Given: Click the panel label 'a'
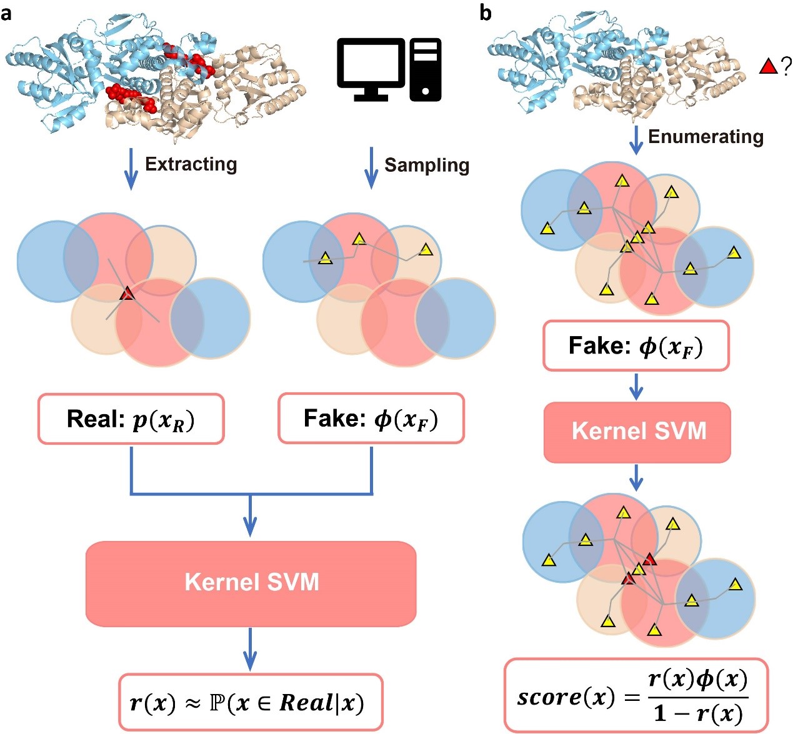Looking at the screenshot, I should pyautogui.click(x=6, y=12).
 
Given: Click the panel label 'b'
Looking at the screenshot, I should pyautogui.click(x=486, y=12).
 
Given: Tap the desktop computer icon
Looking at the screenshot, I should pyautogui.click(x=389, y=69).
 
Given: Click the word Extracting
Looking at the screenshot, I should pyautogui.click(x=191, y=164).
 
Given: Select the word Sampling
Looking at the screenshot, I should pyautogui.click(x=426, y=165).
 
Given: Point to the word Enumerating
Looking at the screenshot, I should pyautogui.click(x=706, y=137).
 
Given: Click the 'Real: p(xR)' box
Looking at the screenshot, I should pyautogui.click(x=131, y=419).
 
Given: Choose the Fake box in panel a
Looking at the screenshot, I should pyautogui.click(x=371, y=419).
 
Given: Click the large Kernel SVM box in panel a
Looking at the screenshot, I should pyautogui.click(x=251, y=583).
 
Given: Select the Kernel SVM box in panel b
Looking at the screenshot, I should pyautogui.click(x=637, y=432).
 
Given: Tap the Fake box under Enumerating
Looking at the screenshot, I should pyautogui.click(x=636, y=346).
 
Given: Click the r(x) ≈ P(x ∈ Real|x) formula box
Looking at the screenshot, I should pyautogui.click(x=250, y=702).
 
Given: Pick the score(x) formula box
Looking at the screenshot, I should pyautogui.click(x=636, y=695).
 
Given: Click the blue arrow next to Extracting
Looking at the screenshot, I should pyautogui.click(x=131, y=169).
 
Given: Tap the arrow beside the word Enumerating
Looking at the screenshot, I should pyautogui.click(x=636, y=140).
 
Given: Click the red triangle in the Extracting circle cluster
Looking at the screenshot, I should pyautogui.click(x=127, y=293).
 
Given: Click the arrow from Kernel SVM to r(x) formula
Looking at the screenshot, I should pyautogui.click(x=250, y=648).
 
